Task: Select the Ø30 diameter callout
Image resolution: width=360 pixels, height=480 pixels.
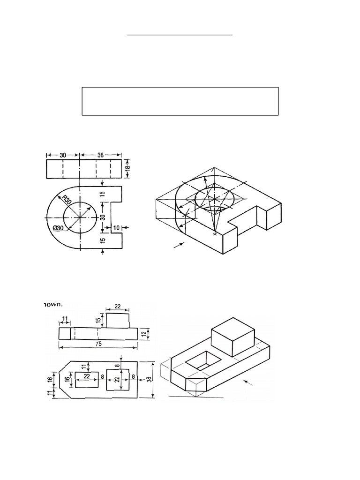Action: pos(59,228)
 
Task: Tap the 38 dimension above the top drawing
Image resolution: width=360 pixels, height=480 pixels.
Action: pos(101,155)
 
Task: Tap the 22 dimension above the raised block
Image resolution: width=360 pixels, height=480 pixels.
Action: pos(117,307)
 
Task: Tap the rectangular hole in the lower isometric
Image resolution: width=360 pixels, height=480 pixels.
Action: pos(203,360)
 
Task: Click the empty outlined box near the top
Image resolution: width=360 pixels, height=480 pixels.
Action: pos(180,101)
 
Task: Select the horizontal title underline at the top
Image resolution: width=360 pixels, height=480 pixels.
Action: pos(180,35)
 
